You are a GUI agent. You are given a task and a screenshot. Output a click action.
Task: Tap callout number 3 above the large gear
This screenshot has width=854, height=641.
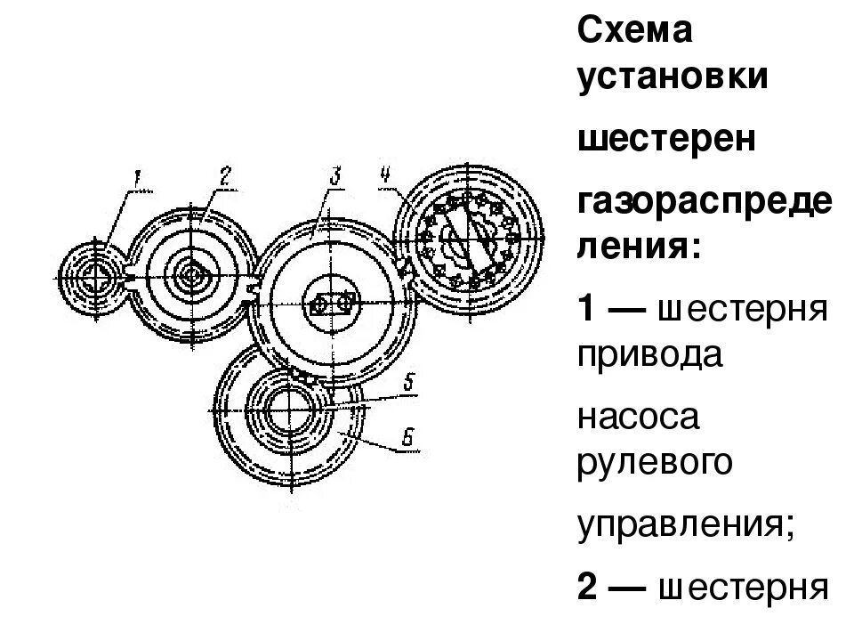334,174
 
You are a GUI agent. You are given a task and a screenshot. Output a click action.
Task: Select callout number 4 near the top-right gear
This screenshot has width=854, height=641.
385,174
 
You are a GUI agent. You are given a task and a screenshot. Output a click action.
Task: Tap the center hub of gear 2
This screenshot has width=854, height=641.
190,274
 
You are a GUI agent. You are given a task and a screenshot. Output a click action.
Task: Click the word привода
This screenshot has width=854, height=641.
650,355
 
